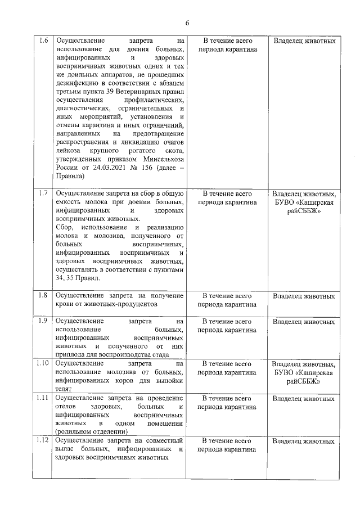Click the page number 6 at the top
pos(187,23)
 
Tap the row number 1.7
pos(43,193)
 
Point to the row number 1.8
pos(43,295)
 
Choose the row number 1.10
pos(43,364)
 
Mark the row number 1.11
pos(43,398)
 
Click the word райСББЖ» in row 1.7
pos(304,210)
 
